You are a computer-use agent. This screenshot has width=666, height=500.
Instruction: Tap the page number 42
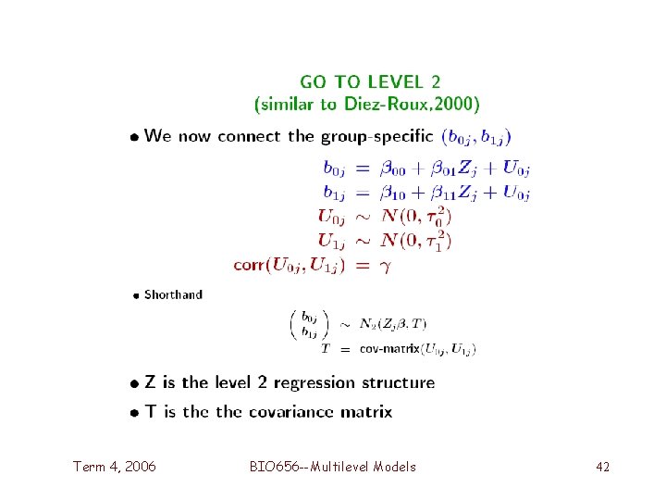(x=602, y=467)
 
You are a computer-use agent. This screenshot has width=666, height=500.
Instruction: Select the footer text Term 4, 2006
(x=115, y=467)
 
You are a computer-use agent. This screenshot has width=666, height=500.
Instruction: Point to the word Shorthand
(x=173, y=294)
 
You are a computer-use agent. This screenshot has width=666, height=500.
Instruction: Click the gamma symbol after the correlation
(x=388, y=265)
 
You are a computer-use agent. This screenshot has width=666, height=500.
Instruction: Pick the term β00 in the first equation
(x=386, y=169)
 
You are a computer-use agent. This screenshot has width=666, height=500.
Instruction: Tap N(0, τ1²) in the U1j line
(x=416, y=241)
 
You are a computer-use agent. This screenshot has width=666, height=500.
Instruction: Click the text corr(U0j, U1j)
(x=289, y=265)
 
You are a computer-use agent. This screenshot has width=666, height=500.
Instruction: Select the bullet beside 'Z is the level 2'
(x=135, y=383)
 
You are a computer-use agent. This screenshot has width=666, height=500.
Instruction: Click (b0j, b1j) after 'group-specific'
(x=475, y=137)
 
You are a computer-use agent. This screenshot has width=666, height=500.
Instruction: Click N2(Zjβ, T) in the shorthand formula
(x=393, y=323)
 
